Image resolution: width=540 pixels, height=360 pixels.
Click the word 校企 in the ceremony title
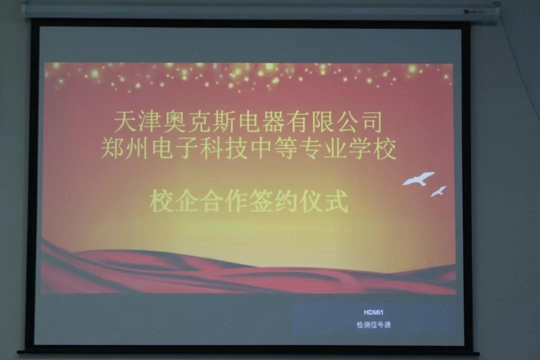(174, 201)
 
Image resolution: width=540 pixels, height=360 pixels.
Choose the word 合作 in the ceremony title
(224, 201)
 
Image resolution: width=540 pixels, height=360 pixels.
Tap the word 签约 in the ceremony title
(273, 201)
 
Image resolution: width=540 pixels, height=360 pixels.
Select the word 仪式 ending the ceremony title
(323, 201)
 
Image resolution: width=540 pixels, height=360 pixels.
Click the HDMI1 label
(373, 312)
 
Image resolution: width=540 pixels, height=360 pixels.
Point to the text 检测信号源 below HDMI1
(373, 324)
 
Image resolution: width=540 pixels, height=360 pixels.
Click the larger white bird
(418, 179)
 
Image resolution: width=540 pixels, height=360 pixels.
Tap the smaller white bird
(438, 191)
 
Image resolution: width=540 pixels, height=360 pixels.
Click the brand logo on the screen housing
(473, 12)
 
